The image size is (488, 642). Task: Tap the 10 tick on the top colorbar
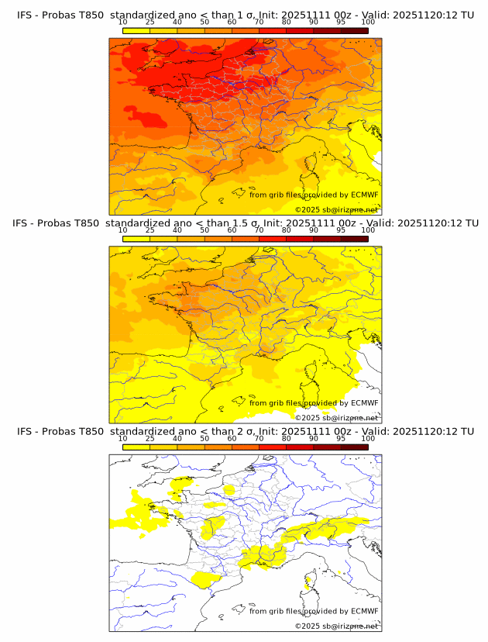123,22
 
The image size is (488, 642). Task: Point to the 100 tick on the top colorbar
368,22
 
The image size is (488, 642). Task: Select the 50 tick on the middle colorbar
204,230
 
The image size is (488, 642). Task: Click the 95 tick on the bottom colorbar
341,438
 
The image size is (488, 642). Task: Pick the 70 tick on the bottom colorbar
259,438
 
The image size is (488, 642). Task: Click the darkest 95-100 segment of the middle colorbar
354,239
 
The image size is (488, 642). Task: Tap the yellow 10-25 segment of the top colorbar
136,31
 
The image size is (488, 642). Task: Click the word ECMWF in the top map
364,195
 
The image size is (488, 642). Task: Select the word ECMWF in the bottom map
364,611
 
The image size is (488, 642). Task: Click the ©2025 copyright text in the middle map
336,417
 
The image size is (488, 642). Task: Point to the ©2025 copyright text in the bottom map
336,626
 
